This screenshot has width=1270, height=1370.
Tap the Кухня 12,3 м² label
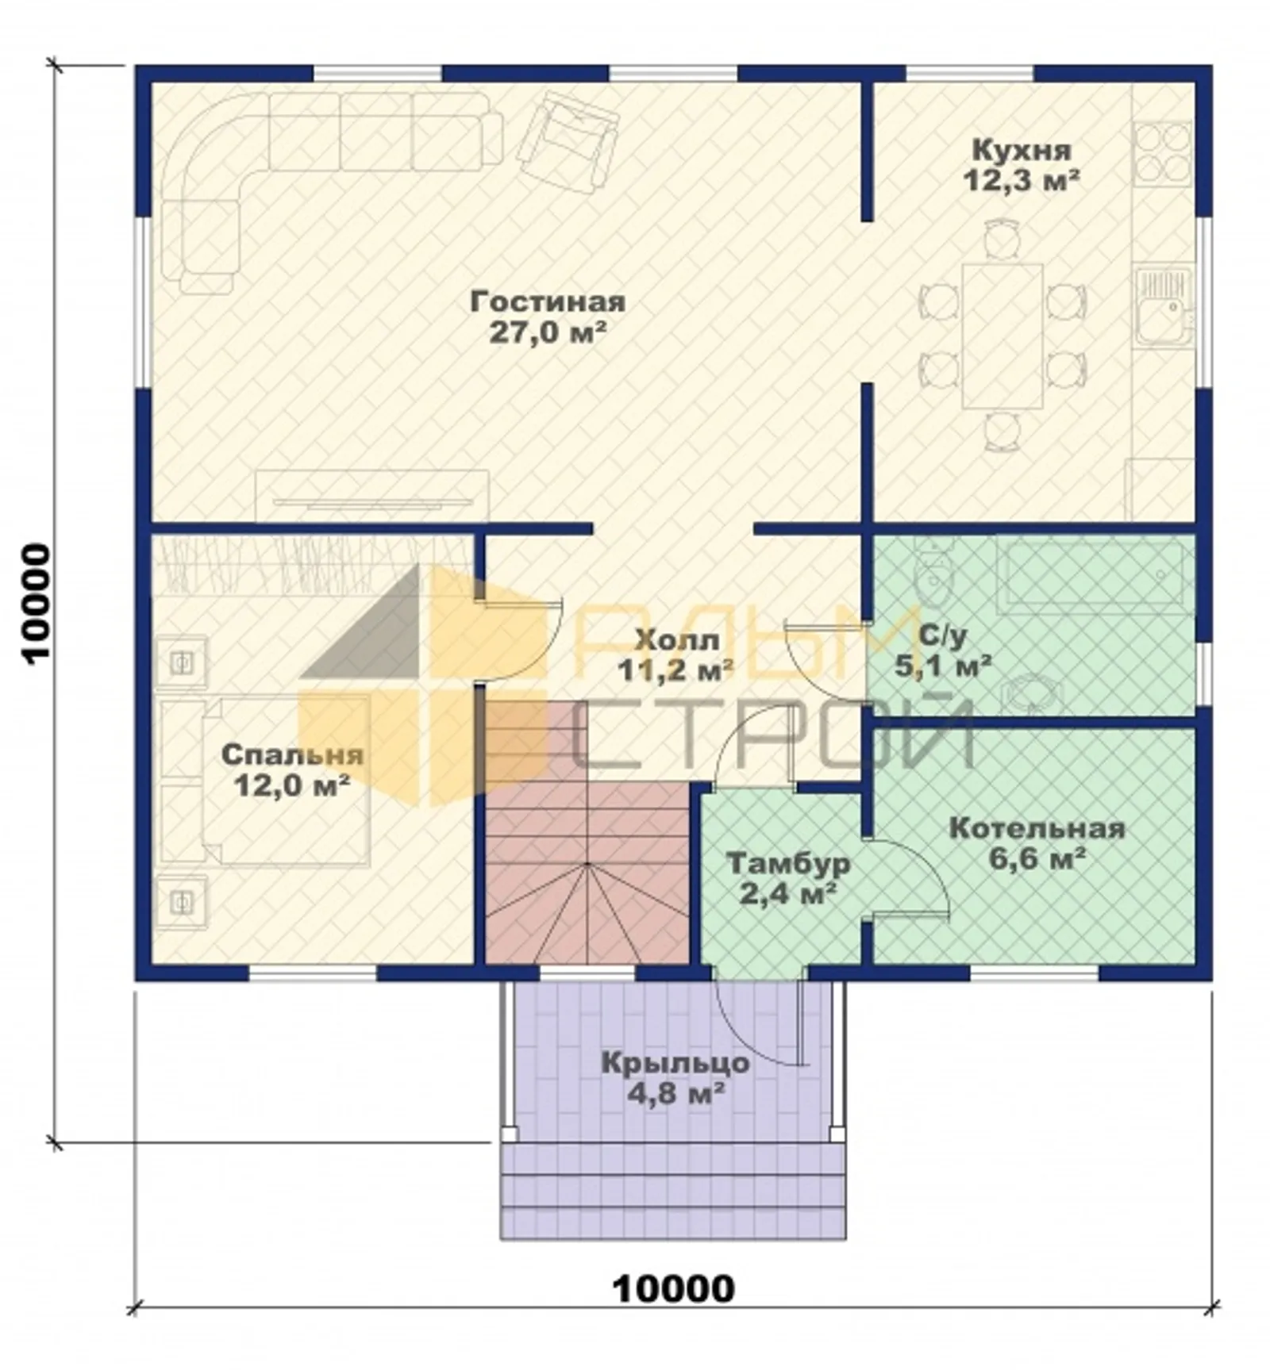[x=1022, y=164]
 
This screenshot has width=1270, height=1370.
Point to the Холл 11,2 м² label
[x=675, y=654]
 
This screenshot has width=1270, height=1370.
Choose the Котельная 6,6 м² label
[x=1037, y=843]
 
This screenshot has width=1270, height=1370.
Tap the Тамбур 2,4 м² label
[x=788, y=878]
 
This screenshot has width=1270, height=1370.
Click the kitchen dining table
[x=1003, y=336]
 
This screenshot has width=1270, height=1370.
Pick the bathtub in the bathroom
[x=1095, y=573]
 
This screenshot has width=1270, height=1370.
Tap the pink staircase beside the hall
[x=587, y=833]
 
